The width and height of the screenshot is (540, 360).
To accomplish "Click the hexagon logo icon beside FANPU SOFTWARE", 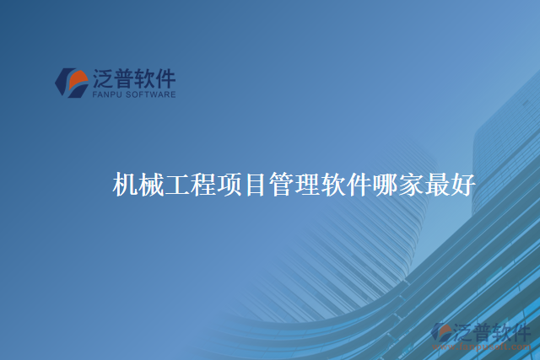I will [x=71, y=81].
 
